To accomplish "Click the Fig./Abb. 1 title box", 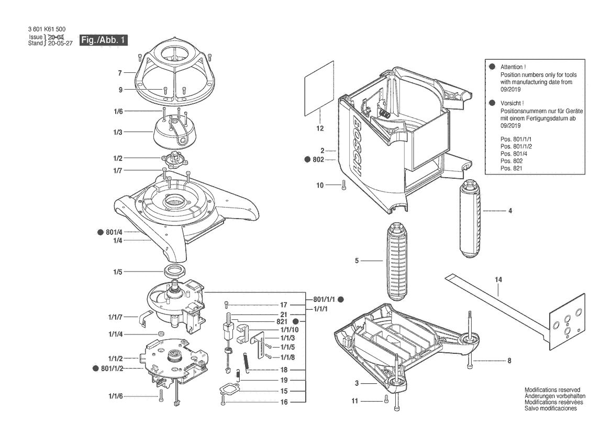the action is [x=104, y=40].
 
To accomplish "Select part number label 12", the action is [x=320, y=128].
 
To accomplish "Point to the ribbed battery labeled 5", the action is [x=398, y=261].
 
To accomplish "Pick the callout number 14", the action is [x=498, y=279].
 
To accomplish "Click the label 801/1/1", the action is [x=324, y=299].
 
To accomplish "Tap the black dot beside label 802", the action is [x=307, y=159].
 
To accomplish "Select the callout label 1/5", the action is [x=117, y=272].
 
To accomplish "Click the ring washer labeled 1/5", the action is [x=174, y=269].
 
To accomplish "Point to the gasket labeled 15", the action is [x=229, y=389].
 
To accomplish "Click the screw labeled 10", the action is [x=343, y=185].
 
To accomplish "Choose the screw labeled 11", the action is [x=386, y=399].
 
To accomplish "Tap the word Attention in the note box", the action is [x=513, y=67].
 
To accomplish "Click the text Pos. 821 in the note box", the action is [x=511, y=168].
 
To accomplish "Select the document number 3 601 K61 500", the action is [x=47, y=29].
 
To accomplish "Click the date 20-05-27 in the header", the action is [x=60, y=44].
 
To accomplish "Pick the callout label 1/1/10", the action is [x=290, y=330].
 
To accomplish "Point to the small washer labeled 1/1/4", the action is [x=160, y=334].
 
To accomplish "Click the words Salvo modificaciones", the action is [x=550, y=408].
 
